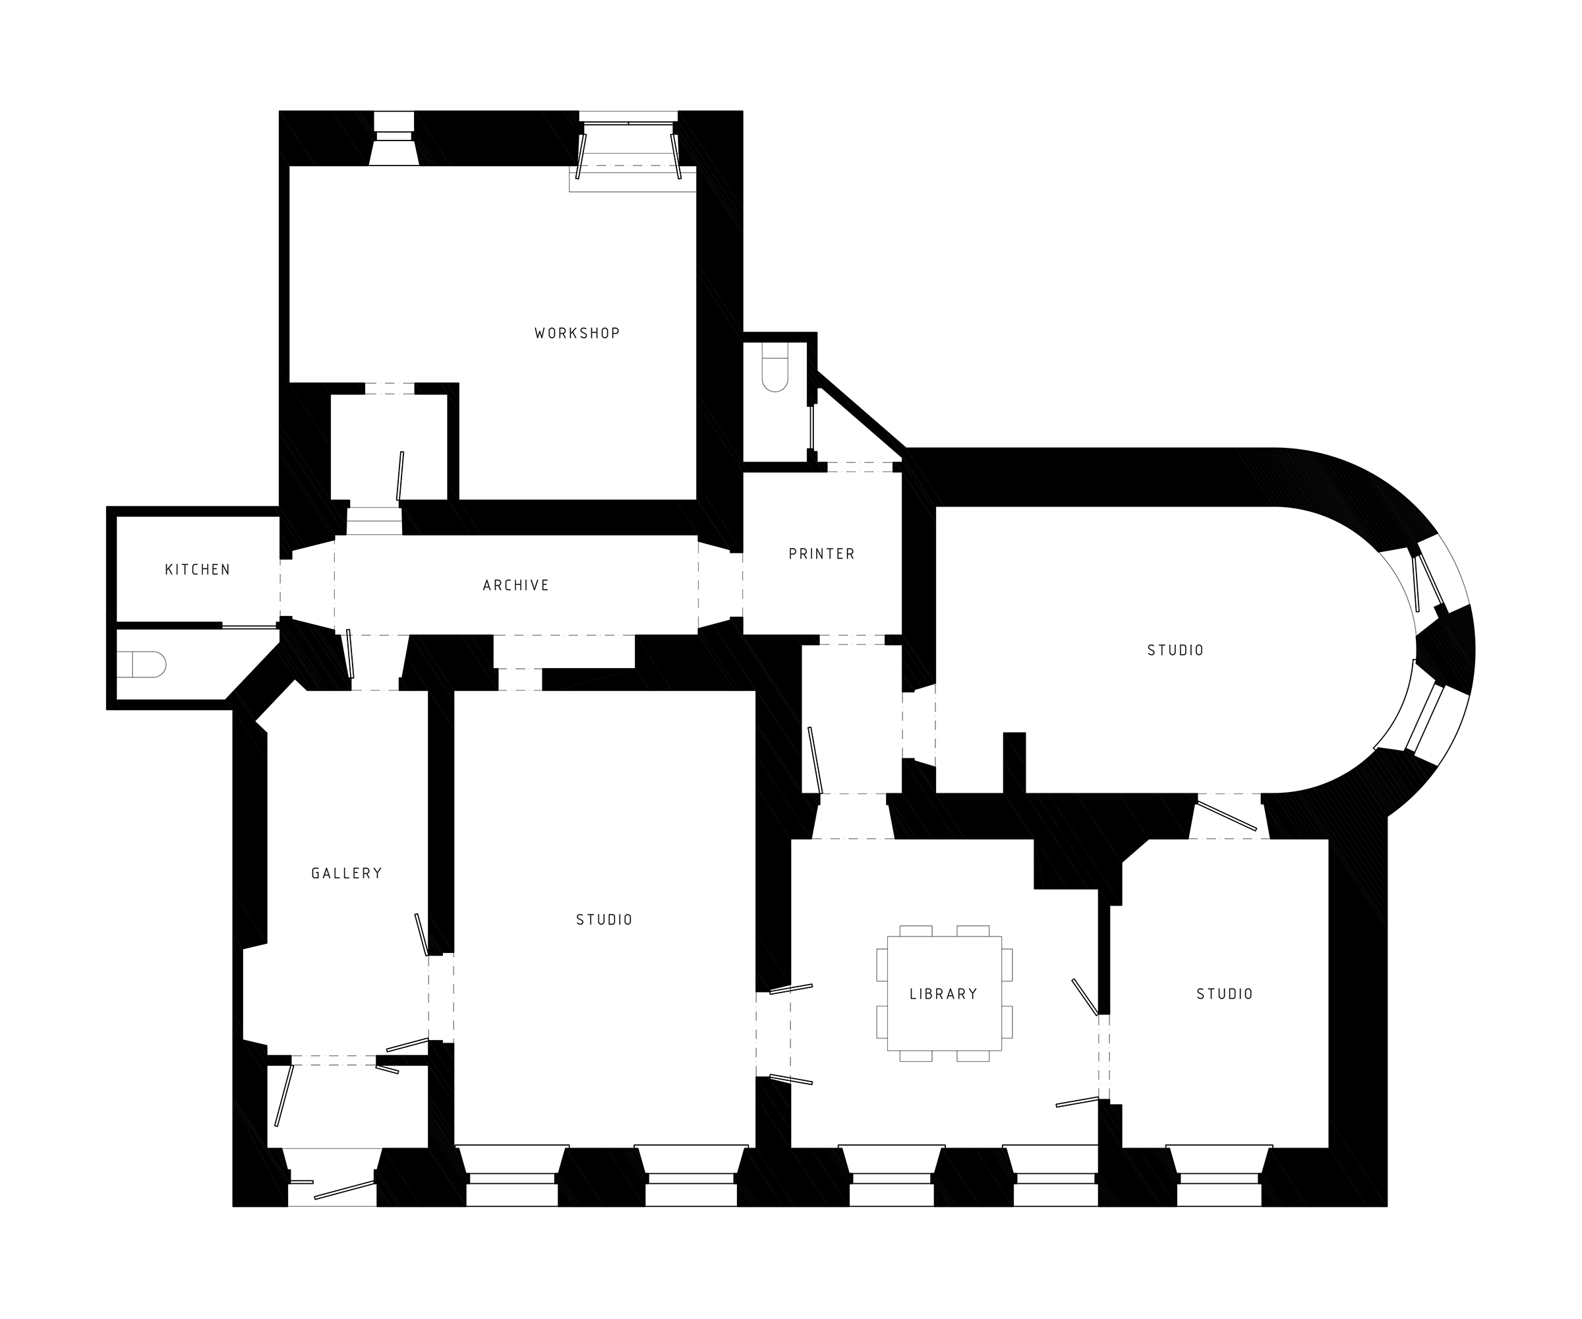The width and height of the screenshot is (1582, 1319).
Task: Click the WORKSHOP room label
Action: coord(577,333)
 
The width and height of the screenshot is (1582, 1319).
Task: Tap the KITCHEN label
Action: coord(197,570)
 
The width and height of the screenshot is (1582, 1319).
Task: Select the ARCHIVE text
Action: coord(516,585)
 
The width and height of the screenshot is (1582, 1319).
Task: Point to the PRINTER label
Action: coord(822,554)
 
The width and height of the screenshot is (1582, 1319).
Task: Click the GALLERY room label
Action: coord(347,874)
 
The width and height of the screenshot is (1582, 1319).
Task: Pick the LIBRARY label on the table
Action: coord(944,994)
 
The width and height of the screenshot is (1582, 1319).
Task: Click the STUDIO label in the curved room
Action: coord(1175,650)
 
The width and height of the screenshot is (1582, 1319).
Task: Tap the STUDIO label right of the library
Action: coord(1225,994)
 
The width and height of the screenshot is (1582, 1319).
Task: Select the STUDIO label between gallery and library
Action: coord(604,919)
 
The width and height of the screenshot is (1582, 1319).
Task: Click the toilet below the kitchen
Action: coord(142,665)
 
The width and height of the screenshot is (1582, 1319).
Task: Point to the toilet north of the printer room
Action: coord(775,367)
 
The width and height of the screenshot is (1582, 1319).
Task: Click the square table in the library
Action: coord(945,993)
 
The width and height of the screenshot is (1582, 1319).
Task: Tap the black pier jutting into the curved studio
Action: coord(1014,763)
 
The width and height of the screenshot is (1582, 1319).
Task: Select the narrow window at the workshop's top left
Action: coord(394,138)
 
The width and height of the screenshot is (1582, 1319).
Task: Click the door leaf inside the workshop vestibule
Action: coord(400,475)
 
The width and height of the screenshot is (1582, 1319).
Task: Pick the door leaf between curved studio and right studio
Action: coord(1227,816)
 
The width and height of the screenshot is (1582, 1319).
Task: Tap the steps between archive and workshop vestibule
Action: coord(374,521)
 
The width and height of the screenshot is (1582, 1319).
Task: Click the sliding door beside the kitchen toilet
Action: coord(250,627)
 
